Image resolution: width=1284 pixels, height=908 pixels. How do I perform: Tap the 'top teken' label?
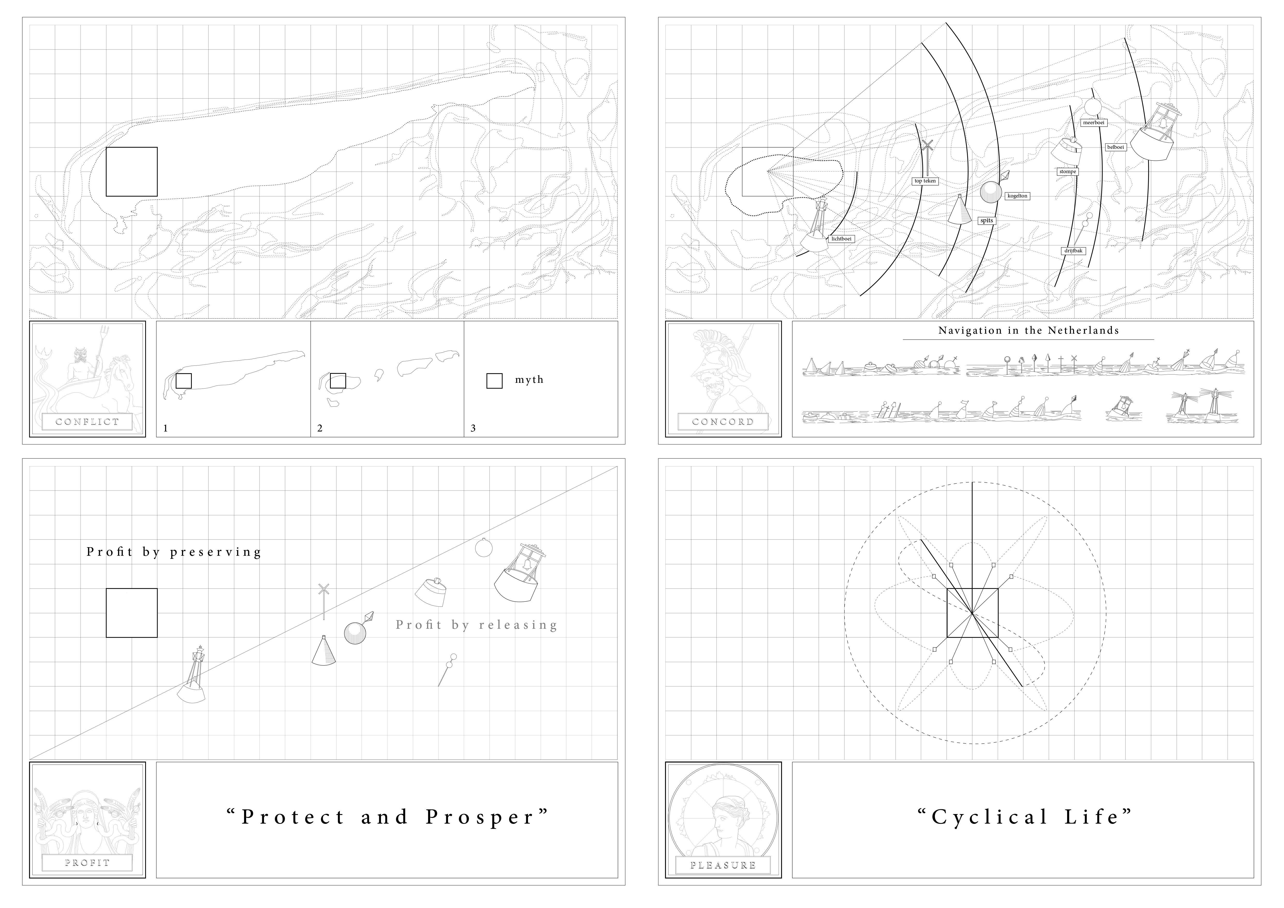925,181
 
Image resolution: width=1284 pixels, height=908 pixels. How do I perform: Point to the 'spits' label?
987,221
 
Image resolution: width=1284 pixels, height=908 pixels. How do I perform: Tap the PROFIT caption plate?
87,863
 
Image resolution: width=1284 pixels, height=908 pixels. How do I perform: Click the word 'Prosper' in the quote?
481,817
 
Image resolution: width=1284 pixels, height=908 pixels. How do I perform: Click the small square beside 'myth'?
494,381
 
